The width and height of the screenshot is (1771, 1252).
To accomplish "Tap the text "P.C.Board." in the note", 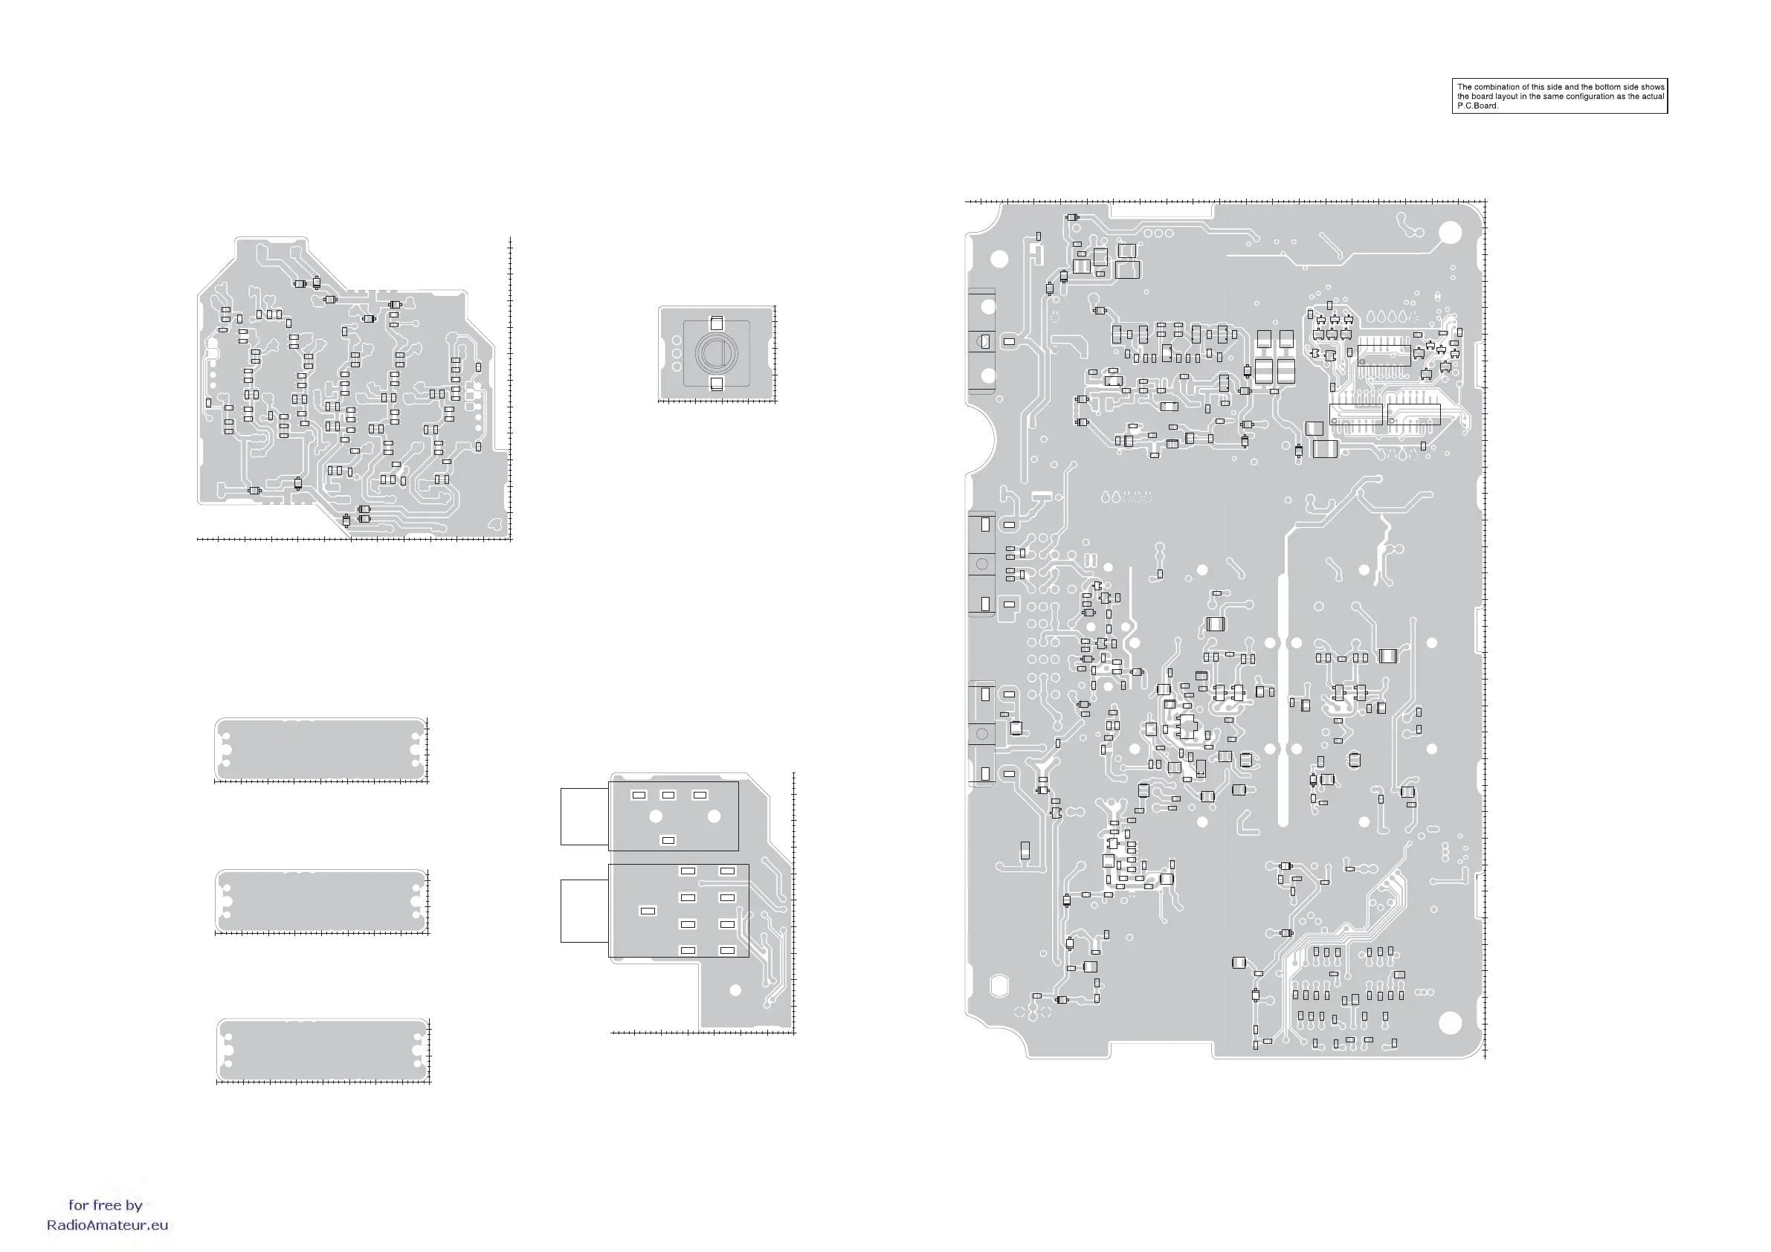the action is click(1478, 106).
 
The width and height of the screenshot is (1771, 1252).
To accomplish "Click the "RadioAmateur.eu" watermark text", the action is click(107, 1225).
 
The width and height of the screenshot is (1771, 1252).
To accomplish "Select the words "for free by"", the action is click(106, 1205).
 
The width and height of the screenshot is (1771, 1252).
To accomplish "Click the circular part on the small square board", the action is click(717, 353).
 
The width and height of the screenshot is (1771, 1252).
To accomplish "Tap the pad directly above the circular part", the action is click(717, 323).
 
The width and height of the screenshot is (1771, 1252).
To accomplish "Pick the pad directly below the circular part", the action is click(717, 384).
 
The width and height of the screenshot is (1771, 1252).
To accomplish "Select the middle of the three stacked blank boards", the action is click(321, 901).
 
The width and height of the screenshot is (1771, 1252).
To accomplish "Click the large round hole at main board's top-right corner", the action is click(1450, 232).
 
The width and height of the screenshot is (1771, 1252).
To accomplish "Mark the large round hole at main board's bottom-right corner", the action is click(1450, 1022).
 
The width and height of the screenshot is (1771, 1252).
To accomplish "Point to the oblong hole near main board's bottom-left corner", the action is click(999, 985).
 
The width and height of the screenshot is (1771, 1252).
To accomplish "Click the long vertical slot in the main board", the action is click(1283, 698).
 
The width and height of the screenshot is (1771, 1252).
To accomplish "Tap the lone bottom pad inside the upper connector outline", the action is click(668, 840).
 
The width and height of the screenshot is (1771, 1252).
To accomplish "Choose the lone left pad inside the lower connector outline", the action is click(648, 911).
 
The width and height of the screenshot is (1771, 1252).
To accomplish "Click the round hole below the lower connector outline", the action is click(735, 990).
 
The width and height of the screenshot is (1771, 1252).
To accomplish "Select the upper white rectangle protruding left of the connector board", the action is click(584, 816).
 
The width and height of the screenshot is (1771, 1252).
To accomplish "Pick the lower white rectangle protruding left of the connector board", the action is click(584, 911).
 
